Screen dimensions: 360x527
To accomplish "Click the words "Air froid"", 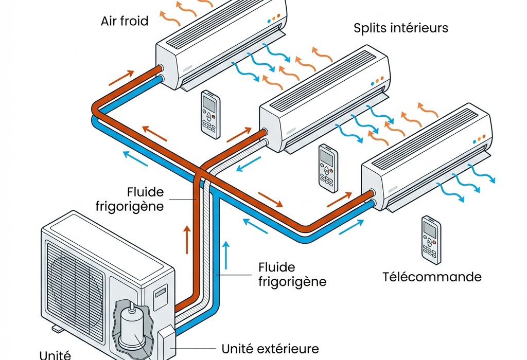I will (125, 21).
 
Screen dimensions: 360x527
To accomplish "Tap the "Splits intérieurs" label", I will (401, 28).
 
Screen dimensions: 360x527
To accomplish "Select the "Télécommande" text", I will (432, 277).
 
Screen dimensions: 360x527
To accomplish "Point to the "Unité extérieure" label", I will (270, 349).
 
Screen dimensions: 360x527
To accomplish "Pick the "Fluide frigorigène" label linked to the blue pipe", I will (291, 275).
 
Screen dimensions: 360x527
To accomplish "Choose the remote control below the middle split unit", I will (327, 168).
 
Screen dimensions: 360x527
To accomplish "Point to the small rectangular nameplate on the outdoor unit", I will (161, 292).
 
